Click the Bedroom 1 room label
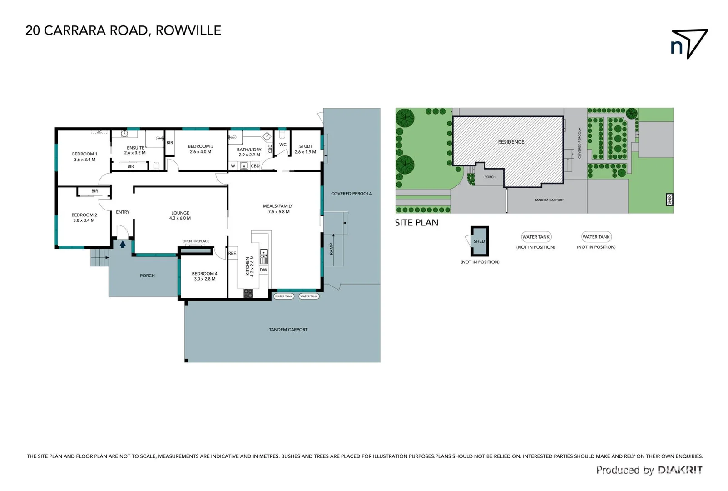pyautogui.click(x=84, y=154)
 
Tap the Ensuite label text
pyautogui.click(x=135, y=148)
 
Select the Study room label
pyautogui.click(x=306, y=146)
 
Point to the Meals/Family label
pyautogui.click(x=278, y=206)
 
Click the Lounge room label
pyautogui.click(x=180, y=213)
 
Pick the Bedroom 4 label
pyautogui.click(x=204, y=274)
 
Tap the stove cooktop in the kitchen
pyautogui.click(x=248, y=294)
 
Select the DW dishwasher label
pyautogui.click(x=263, y=270)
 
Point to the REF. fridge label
pyautogui.click(x=232, y=253)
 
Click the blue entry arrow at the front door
pyautogui.click(x=123, y=244)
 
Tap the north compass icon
pyautogui.click(x=689, y=44)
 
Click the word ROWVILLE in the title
pyautogui.click(x=188, y=30)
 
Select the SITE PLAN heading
pyautogui.click(x=416, y=223)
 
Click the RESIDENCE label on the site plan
pyautogui.click(x=511, y=142)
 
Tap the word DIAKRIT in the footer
pyautogui.click(x=680, y=470)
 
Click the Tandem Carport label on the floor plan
pyautogui.click(x=288, y=330)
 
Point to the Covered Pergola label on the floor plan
pyautogui.click(x=351, y=194)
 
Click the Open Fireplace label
pyautogui.click(x=196, y=241)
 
